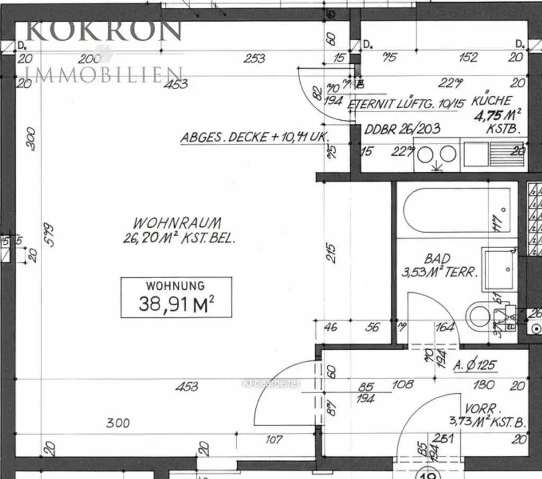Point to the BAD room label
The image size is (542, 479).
(x=438, y=259)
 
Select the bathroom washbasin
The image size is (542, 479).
(x=499, y=268)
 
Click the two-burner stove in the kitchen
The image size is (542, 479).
(x=437, y=155)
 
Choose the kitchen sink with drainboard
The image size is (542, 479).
(x=493, y=154)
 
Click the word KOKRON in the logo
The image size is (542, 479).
(x=104, y=31)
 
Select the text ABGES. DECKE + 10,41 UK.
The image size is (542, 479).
(x=255, y=137)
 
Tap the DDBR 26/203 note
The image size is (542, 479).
(x=402, y=129)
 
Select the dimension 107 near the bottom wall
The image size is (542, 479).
(x=274, y=439)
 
